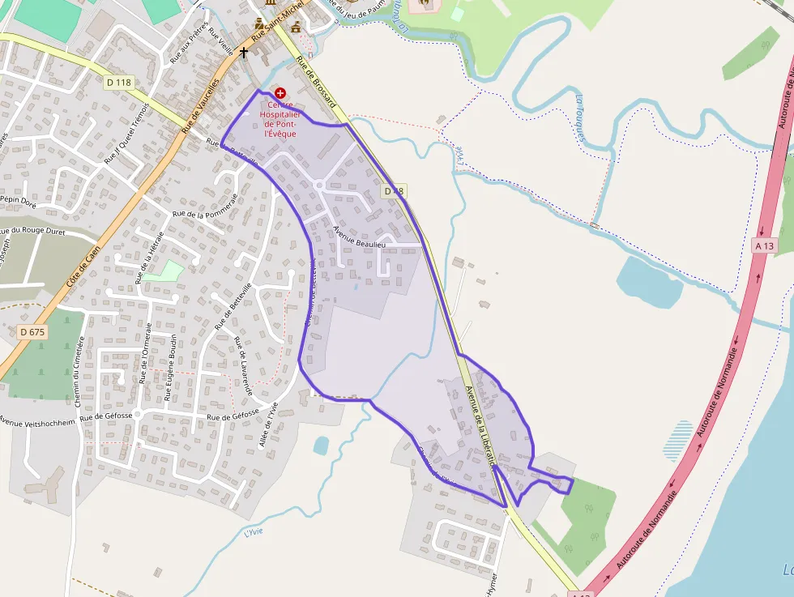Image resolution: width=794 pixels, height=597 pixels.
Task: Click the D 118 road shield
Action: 118,82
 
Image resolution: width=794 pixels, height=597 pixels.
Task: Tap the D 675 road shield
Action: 32,331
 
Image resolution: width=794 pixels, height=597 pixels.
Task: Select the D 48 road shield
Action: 394,191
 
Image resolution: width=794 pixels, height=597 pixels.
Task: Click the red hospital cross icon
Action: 280,94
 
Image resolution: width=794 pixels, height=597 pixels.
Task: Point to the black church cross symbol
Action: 243,53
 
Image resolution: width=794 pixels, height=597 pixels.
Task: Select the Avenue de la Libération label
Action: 480,424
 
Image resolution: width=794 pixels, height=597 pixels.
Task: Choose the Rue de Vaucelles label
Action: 200,105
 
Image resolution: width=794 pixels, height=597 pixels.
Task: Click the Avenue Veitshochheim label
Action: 36,421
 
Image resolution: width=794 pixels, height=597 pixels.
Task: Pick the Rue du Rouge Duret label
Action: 34,231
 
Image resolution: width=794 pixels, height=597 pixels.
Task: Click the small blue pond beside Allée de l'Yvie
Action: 321,445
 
